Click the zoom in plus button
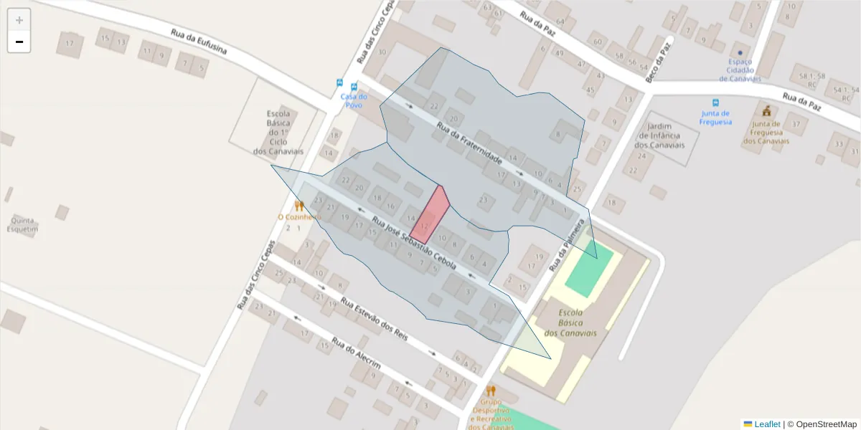19,20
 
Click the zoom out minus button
19,42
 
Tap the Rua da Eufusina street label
199,42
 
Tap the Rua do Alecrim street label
355,353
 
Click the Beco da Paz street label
659,61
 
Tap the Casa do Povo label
354,100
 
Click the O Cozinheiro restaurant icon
299,206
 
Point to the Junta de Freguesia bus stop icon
715,103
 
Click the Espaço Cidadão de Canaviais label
740,70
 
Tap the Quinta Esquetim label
22,224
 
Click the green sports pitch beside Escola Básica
590,269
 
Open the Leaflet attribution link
766,424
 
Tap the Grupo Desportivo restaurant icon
491,391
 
